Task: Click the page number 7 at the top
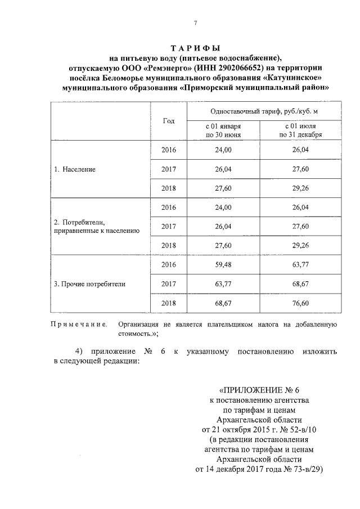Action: point(195,23)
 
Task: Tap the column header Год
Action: point(168,121)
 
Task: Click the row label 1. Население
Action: point(75,169)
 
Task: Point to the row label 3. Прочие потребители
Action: point(89,284)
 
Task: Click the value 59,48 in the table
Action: point(224,264)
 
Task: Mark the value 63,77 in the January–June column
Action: point(224,284)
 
